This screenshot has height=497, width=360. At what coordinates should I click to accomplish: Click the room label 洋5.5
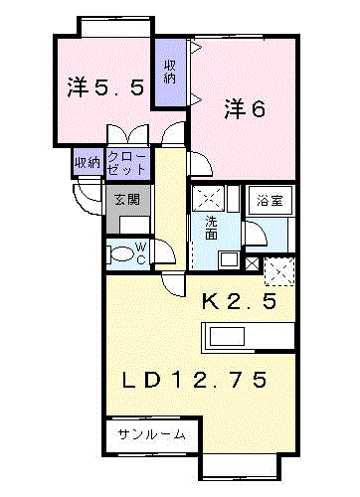coord(105,87)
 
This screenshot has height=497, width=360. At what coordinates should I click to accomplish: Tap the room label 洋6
coord(245,109)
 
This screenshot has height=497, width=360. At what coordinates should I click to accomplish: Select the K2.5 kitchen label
coord(239,302)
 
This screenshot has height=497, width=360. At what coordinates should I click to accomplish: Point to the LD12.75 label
coord(194,380)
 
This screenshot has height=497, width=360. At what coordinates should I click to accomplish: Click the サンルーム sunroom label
coord(151,434)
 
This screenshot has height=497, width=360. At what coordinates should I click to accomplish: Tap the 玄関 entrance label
coord(127,200)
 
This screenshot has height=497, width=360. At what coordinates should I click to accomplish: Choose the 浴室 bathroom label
coord(270,200)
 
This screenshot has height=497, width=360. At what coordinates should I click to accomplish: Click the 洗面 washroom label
coord(211,228)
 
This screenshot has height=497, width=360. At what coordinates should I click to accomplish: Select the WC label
coord(141,253)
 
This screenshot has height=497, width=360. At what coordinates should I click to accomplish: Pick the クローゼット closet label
coord(127,163)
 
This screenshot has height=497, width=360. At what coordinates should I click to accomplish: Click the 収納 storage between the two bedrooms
coord(169,72)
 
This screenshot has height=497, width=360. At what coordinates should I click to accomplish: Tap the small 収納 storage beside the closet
coord(88,162)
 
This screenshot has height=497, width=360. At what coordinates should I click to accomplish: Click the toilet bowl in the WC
coord(121,254)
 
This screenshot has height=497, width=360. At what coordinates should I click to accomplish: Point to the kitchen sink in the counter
coord(228,336)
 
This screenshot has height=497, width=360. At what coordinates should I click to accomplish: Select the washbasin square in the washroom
coord(229,259)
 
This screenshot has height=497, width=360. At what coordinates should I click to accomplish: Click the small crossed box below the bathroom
coord(253,263)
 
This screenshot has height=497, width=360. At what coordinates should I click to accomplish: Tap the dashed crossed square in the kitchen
coord(279,271)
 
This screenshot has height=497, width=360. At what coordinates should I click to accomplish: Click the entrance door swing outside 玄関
coord(87,197)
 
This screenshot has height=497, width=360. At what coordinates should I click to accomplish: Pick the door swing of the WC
coord(164,250)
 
